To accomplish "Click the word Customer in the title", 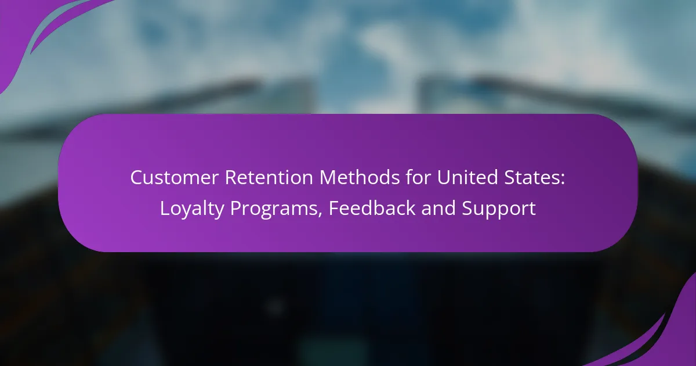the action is pos(175,177).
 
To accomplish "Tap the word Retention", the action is pos(269,177).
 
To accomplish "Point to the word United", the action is pos(467,177).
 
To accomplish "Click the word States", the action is pos(530,177).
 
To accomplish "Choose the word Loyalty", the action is pos(192,209).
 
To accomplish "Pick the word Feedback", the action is pos(372,207).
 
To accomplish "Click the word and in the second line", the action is pos(438,207).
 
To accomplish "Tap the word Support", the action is pos(499,209).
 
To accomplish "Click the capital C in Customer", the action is pos(137,178).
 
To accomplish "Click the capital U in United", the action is pos(444,178).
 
